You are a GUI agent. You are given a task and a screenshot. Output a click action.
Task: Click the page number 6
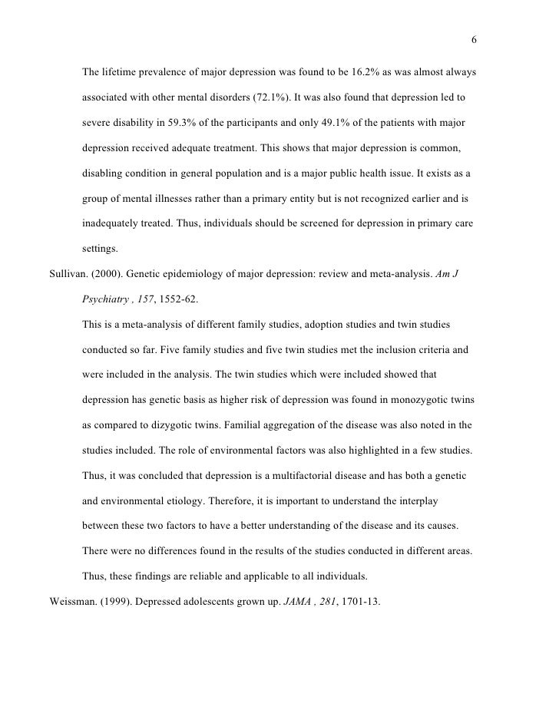click(x=474, y=41)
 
